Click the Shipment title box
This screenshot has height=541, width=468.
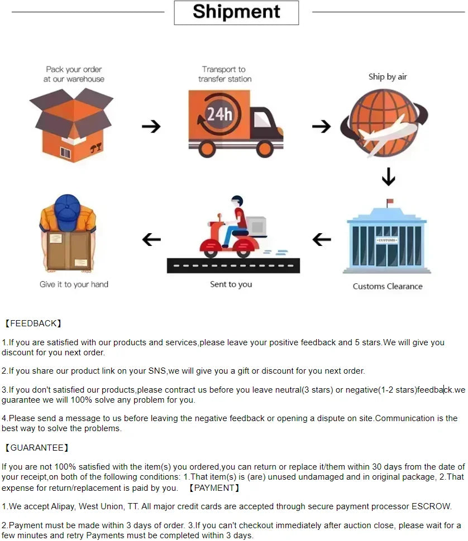click(x=236, y=12)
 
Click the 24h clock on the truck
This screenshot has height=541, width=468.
click(x=219, y=115)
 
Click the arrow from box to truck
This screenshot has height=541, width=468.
click(x=151, y=127)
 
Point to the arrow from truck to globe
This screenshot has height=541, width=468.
click(x=321, y=127)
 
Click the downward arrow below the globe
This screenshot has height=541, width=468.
click(x=388, y=177)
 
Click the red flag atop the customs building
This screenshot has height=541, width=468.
click(x=390, y=201)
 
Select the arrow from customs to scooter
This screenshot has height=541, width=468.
click(x=322, y=240)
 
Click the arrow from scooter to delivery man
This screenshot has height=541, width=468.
click(x=151, y=240)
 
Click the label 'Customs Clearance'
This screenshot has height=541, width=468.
click(x=388, y=286)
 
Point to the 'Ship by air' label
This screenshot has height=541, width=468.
click(x=388, y=77)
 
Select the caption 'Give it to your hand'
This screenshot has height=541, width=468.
click(x=74, y=284)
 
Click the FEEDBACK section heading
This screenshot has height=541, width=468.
click(x=33, y=323)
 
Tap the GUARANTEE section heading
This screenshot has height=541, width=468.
click(x=36, y=448)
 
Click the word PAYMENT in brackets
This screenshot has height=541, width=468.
click(x=214, y=488)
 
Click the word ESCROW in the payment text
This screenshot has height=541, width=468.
click(x=431, y=507)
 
